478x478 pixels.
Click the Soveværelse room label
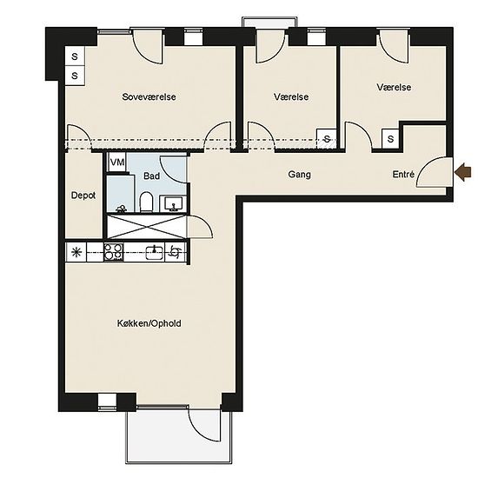149,97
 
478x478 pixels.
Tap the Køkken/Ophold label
149,323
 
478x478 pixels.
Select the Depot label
83,196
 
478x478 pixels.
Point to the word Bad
151,176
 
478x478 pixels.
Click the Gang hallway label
299,175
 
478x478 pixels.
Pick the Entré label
403,175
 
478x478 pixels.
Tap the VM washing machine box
117,163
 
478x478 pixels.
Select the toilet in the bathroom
146,202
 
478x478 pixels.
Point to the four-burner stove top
113,251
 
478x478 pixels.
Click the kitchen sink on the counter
155,252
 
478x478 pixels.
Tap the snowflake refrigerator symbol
76,252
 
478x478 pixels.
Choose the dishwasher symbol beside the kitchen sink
175,252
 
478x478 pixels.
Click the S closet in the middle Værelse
327,139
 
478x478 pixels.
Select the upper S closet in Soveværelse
75,56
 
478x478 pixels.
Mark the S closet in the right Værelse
390,139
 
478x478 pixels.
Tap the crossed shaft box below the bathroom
146,227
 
